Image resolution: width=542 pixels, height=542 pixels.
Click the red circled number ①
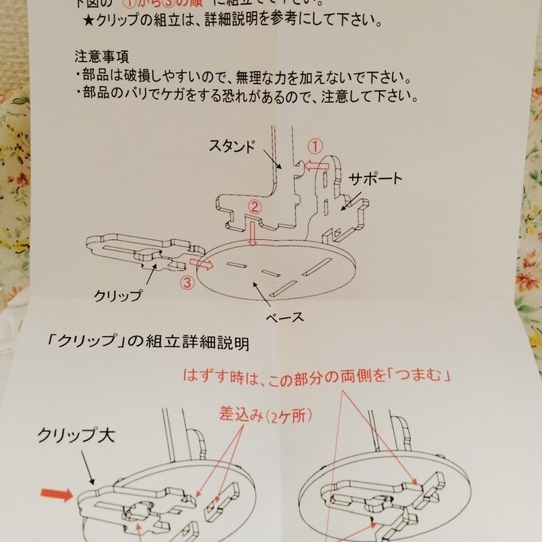[x=315, y=146]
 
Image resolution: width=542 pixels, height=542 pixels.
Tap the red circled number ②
[x=254, y=206]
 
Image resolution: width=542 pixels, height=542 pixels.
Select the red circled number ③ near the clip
[x=185, y=281]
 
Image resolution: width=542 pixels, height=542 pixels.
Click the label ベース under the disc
[x=285, y=316]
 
